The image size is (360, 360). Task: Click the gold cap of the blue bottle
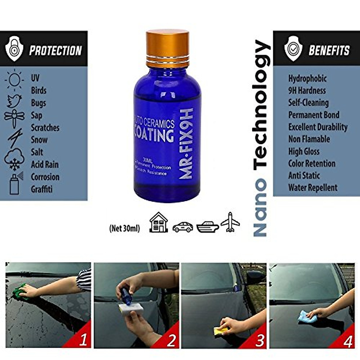point(167,48)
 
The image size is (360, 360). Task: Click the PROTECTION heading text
point(55,50)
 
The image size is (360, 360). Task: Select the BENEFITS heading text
point(329,50)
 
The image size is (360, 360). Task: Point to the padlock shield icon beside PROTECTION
point(14,49)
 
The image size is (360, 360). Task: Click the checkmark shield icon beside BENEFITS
point(293,49)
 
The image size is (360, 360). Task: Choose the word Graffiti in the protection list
point(42,189)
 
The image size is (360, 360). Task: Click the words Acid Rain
point(45,164)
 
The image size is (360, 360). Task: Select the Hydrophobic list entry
point(307,79)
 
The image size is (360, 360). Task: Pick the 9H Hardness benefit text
point(307,91)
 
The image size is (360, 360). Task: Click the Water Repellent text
point(313,188)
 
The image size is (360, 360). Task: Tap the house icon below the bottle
point(159,223)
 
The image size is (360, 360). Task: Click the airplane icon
point(230,222)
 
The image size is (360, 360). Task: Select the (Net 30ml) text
point(124,229)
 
